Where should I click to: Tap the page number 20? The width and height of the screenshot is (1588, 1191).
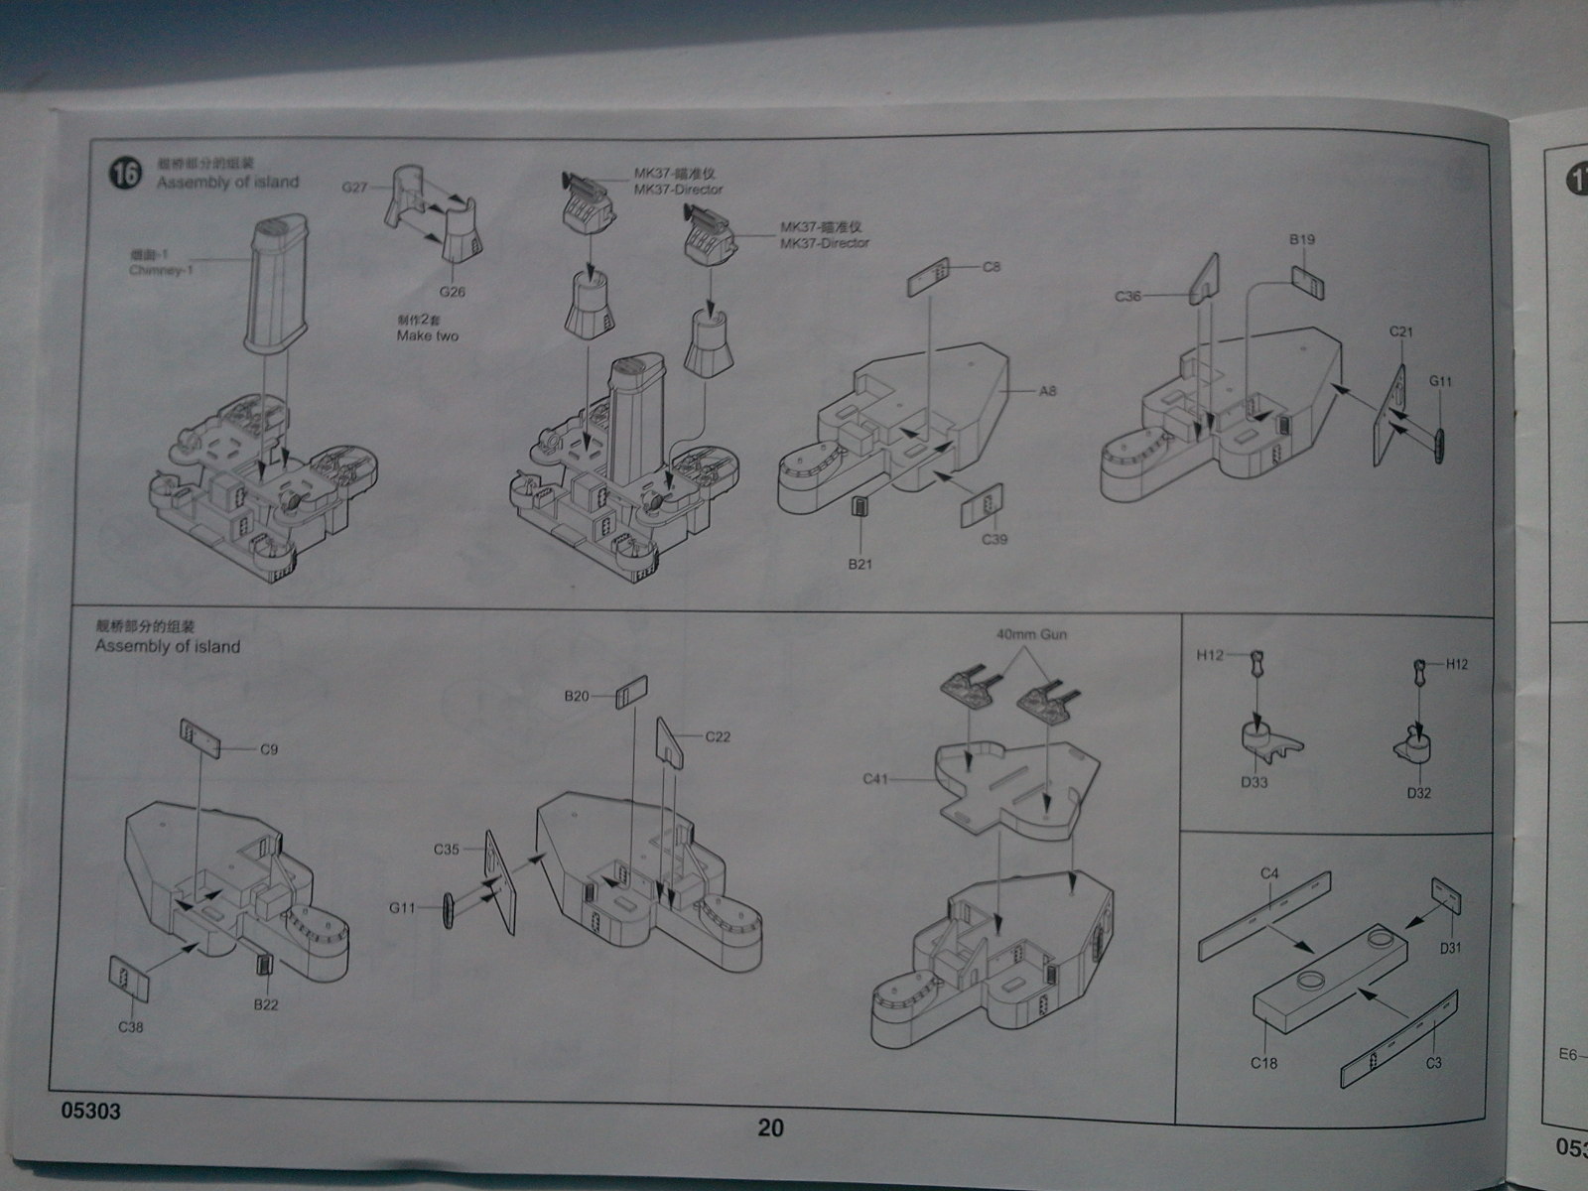click(x=770, y=1128)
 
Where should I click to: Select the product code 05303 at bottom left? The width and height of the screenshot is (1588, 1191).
click(x=90, y=1112)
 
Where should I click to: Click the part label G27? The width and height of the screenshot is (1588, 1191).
click(x=354, y=186)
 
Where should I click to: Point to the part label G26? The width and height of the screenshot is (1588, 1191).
click(x=452, y=292)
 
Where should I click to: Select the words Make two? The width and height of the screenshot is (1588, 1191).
click(x=427, y=336)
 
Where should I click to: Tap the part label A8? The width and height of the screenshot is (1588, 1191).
click(x=1048, y=391)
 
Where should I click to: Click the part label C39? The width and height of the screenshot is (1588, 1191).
click(x=994, y=539)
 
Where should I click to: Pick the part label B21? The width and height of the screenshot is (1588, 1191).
click(x=860, y=564)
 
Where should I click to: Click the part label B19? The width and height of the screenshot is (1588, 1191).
click(x=1302, y=239)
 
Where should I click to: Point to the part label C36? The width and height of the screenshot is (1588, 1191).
click(x=1128, y=296)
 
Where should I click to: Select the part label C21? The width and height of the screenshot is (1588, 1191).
click(x=1400, y=331)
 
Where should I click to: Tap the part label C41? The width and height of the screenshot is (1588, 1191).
click(x=876, y=779)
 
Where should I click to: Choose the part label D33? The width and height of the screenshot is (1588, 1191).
click(x=1254, y=782)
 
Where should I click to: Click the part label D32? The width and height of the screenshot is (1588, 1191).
click(x=1418, y=793)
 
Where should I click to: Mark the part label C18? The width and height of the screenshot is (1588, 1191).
click(x=1263, y=1063)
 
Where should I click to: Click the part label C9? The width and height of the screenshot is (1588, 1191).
click(x=269, y=749)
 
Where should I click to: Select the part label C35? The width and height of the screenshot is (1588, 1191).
click(x=446, y=850)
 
